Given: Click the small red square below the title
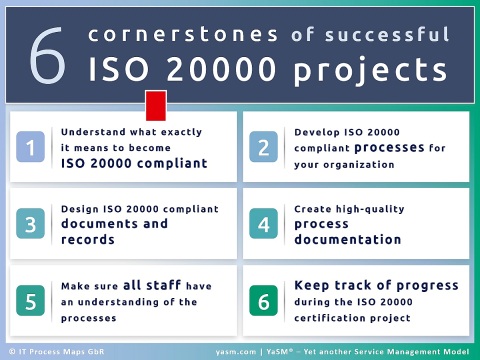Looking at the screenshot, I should click(x=156, y=103).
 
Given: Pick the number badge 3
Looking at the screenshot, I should click(x=31, y=224).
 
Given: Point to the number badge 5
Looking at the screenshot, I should click(x=31, y=301).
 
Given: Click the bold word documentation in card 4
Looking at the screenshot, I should click(x=348, y=240).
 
